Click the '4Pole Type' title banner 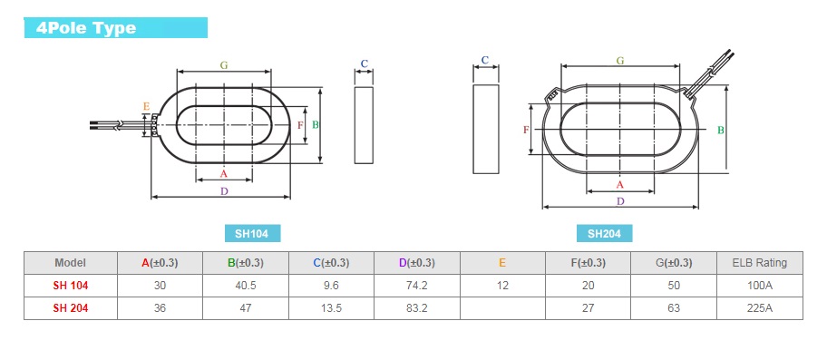tap(116, 28)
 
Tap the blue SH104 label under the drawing tap(253, 233)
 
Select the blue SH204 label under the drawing tap(604, 233)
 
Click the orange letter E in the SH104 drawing tap(147, 107)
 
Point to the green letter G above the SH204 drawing tap(620, 61)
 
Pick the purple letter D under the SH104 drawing tap(224, 191)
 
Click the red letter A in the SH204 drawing tap(620, 184)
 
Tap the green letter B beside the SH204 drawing tap(721, 130)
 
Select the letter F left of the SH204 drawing tap(526, 130)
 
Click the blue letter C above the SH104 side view tap(364, 63)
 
